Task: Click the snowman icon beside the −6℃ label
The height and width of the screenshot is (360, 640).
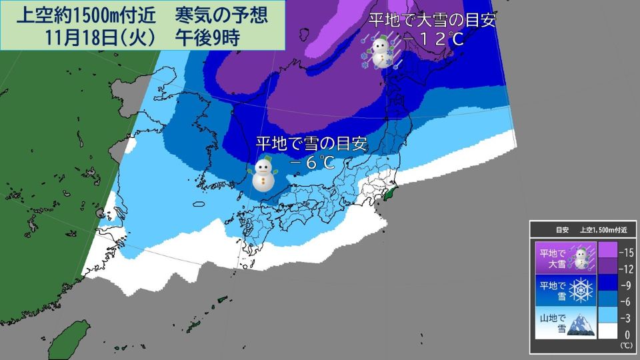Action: coord(263,175)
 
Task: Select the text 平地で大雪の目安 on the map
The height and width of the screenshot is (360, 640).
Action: coord(433,20)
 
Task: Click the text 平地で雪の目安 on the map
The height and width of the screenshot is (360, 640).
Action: coord(312,143)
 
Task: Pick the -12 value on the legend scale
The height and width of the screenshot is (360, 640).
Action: coord(626,268)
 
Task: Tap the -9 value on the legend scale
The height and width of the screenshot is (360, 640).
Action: coord(626,285)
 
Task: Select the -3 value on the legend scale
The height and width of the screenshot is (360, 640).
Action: coord(626,319)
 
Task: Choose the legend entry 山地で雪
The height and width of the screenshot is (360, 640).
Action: coord(553,323)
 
